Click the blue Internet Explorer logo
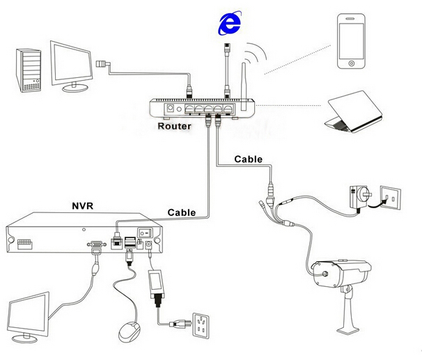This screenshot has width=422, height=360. pyautogui.click(x=228, y=25)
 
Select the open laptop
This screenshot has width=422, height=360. pyautogui.click(x=355, y=112)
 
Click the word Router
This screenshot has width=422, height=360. pyautogui.click(x=173, y=127)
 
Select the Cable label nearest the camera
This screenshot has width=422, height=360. pyautogui.click(x=248, y=159)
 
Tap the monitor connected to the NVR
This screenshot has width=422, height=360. pyautogui.click(x=28, y=314)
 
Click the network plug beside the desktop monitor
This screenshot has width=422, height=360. pyautogui.click(x=102, y=63)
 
